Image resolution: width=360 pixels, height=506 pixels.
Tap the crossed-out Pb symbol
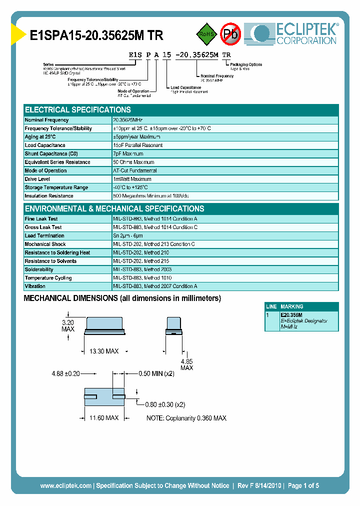(x=230, y=34)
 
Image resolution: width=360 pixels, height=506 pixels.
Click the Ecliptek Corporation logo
(x=295, y=34)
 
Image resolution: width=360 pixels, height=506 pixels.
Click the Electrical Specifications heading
(x=78, y=110)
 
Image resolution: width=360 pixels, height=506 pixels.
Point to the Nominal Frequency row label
(x=47, y=120)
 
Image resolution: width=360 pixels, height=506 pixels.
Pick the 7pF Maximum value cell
(x=128, y=154)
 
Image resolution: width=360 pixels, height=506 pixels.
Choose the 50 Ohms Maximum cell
(x=133, y=162)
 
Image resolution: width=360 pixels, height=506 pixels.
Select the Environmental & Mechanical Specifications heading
(x=114, y=209)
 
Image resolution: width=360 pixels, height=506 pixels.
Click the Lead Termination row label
(x=44, y=235)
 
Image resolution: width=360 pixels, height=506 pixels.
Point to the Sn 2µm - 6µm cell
(x=128, y=235)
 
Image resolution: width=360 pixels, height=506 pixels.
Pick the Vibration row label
(x=35, y=286)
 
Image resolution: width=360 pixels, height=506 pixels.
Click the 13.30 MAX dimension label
(x=103, y=351)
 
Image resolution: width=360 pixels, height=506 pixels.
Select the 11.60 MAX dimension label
(x=103, y=417)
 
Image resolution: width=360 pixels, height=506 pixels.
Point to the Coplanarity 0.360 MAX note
(x=186, y=418)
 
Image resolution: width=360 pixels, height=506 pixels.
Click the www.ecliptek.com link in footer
(x=65, y=485)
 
